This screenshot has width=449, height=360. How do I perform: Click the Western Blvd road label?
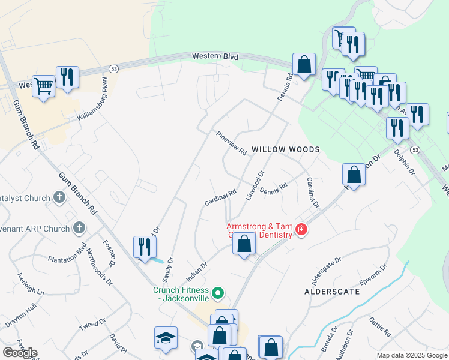pos(215,56)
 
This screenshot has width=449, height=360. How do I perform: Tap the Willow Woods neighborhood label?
pos(285,149)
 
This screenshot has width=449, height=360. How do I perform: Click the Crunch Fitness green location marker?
pos(218,293)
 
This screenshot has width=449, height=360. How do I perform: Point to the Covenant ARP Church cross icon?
pos(79,228)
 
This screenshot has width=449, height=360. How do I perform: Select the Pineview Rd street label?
pos(231,144)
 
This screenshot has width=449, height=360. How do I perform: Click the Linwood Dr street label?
pos(255,185)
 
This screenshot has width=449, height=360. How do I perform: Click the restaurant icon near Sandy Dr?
pos(144,247)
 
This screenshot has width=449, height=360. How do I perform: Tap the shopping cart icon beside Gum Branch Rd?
pos(44,85)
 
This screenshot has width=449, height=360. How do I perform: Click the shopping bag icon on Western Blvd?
pos(304,64)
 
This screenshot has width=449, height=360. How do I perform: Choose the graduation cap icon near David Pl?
pos(166,337)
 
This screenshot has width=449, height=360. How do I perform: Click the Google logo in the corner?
pos(20,353)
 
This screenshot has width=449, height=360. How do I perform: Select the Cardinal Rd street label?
pos(220,199)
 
